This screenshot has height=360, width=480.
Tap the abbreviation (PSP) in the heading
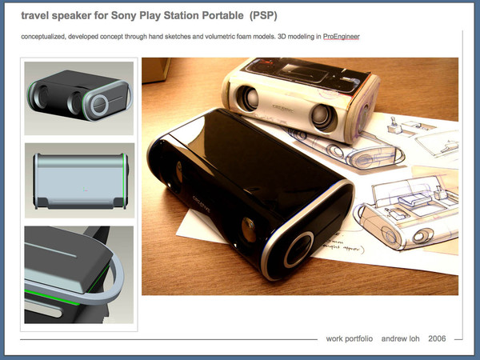point(263,16)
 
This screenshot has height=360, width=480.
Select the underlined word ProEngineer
point(341,37)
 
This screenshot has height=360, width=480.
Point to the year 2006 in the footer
point(437,338)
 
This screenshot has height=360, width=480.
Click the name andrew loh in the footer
point(401,338)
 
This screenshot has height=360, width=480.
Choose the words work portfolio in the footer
point(350,339)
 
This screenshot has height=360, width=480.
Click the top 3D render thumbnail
point(79,98)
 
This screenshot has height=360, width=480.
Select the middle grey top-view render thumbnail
point(79,181)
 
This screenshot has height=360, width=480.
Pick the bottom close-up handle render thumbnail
point(79,274)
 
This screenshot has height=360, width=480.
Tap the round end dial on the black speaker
point(298,250)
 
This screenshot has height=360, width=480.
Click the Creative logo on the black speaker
point(202,204)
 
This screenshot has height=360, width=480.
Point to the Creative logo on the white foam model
point(282,108)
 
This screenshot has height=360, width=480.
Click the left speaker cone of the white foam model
point(247,98)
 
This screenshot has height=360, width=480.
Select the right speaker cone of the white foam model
point(323,118)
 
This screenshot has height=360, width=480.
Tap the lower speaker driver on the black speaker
point(249,230)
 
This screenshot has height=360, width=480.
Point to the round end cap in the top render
point(99,104)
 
